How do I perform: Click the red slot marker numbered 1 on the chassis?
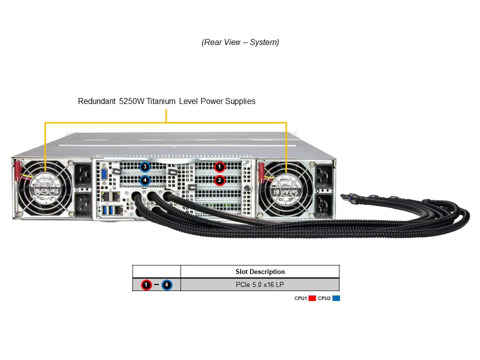pyautogui.click(x=219, y=167)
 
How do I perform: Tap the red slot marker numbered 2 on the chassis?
pyautogui.click(x=219, y=180)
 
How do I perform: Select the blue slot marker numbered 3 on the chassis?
pyautogui.click(x=145, y=166)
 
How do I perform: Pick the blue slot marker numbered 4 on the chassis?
pyautogui.click(x=145, y=180)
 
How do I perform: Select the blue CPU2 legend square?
pyautogui.click(x=336, y=298)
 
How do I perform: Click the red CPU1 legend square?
pyautogui.click(x=312, y=298)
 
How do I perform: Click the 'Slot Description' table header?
pyautogui.click(x=260, y=272)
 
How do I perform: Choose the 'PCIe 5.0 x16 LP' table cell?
pyautogui.click(x=260, y=285)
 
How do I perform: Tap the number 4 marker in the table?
pyautogui.click(x=167, y=285)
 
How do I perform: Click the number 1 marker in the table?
pyautogui.click(x=146, y=285)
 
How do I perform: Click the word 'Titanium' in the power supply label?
pyautogui.click(x=182, y=101)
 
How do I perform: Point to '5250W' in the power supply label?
pyautogui.click(x=131, y=101)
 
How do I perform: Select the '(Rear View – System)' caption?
pyautogui.click(x=240, y=42)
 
